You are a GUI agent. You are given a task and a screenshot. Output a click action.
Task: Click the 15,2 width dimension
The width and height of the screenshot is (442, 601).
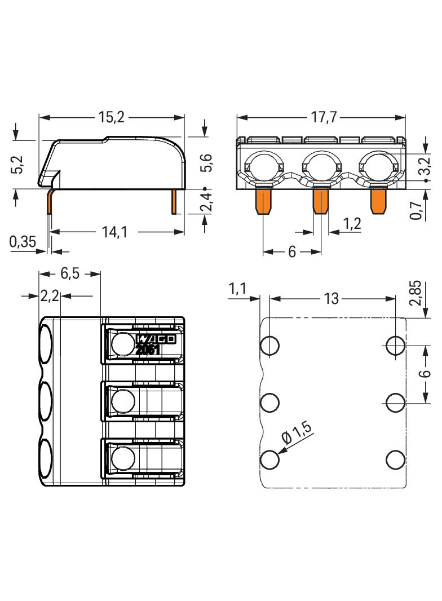[112, 118]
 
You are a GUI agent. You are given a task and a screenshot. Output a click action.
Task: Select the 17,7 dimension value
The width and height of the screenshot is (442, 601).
[323, 118]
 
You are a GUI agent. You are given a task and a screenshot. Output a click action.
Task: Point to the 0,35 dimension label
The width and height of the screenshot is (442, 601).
[23, 242]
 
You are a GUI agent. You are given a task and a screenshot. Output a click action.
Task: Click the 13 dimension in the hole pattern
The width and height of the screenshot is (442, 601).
[332, 298]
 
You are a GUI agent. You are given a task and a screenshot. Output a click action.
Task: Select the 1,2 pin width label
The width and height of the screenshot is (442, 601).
[353, 224]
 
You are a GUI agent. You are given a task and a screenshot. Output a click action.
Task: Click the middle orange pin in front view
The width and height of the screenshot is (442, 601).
[320, 201]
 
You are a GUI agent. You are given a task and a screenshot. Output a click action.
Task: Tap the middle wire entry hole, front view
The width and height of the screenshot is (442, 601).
[321, 166]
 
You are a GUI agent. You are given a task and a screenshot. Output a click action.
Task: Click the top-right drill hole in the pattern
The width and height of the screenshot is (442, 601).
[395, 344]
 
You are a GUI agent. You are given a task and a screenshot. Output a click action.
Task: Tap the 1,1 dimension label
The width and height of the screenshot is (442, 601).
[237, 289]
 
